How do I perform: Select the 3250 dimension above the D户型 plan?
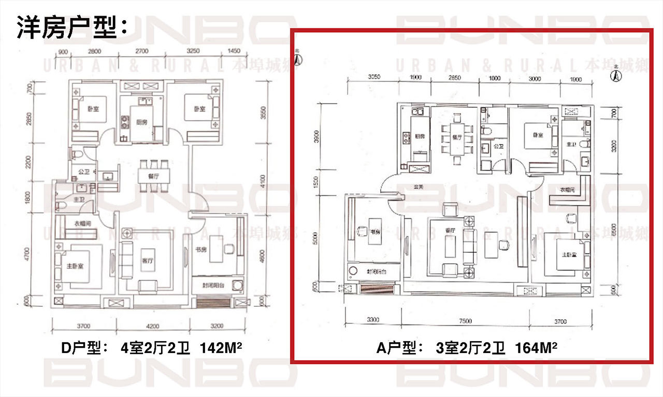tap(192, 51)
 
